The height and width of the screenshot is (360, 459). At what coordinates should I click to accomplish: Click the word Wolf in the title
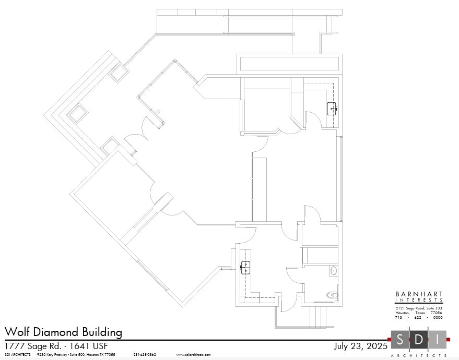coord(17,332)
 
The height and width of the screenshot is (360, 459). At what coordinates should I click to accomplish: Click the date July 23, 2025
coord(360,346)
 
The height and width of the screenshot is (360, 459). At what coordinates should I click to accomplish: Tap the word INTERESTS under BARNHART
coord(419,301)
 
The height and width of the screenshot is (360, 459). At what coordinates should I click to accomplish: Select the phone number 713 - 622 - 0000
coord(419,317)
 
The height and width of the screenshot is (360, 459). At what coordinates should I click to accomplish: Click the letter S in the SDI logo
coord(400,339)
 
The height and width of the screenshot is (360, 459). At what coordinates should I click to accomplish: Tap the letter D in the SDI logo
coord(419,339)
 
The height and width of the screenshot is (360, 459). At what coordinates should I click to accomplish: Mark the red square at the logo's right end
coord(448,339)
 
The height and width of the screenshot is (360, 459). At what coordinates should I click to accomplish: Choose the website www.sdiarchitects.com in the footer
coord(193,355)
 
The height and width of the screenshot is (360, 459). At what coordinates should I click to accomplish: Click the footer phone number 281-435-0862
coord(145,355)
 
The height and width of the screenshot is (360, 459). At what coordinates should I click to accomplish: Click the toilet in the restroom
coord(332,295)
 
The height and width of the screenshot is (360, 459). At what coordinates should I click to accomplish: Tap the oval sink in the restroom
coord(333,270)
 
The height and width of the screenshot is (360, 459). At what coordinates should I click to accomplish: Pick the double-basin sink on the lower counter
coord(245,268)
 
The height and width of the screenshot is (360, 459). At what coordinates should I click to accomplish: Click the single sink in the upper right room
coord(332,109)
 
